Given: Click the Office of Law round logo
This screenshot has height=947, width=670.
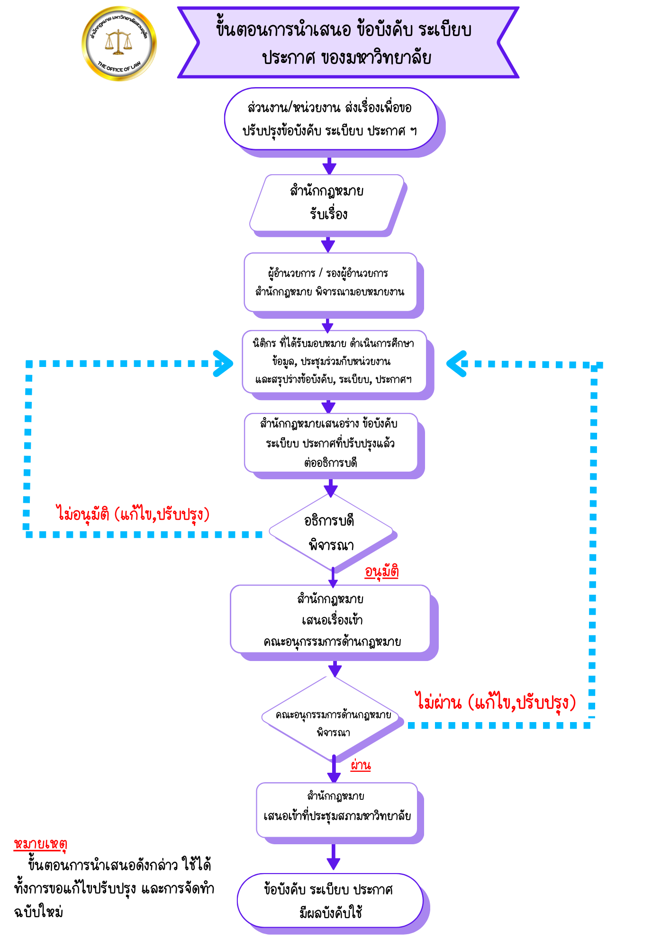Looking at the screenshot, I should [119, 44].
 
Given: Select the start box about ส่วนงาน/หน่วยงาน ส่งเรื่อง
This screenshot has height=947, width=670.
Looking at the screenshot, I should [330, 119].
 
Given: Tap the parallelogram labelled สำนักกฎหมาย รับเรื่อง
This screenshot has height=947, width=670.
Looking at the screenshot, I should [327, 203].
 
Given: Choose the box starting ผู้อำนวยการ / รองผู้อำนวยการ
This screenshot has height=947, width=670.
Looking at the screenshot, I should [330, 282].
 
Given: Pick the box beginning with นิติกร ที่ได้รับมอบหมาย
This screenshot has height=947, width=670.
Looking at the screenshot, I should [334, 362].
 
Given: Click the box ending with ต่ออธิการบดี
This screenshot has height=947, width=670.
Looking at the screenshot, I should [331, 443].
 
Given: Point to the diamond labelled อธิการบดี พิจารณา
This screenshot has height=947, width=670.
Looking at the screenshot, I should [331, 532].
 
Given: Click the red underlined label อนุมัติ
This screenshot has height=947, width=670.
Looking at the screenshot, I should [381, 572].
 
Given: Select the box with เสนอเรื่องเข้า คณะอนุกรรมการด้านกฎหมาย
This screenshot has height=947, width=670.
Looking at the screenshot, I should [331, 620].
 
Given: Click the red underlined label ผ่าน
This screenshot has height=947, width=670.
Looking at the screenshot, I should [361, 765].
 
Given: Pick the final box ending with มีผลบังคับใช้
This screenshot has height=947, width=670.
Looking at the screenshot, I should [330, 901].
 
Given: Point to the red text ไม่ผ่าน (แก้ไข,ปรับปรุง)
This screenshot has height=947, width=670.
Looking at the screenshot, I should [496, 702].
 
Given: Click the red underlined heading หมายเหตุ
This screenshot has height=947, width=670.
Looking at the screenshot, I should [41, 844].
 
